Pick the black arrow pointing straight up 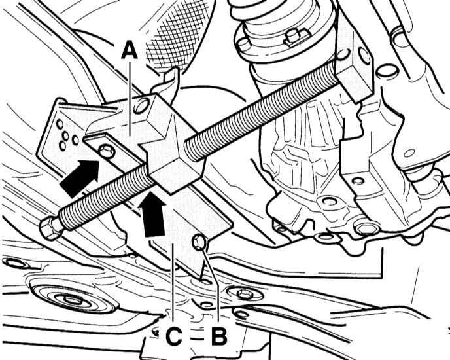tap(152, 214)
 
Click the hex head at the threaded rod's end tap(50, 228)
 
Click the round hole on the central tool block tap(142, 105)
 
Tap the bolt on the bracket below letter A tap(107, 151)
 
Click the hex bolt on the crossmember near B tap(245, 294)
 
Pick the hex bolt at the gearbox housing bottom tap(368, 229)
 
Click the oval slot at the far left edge tap(15, 263)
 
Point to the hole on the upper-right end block tap(364, 56)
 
